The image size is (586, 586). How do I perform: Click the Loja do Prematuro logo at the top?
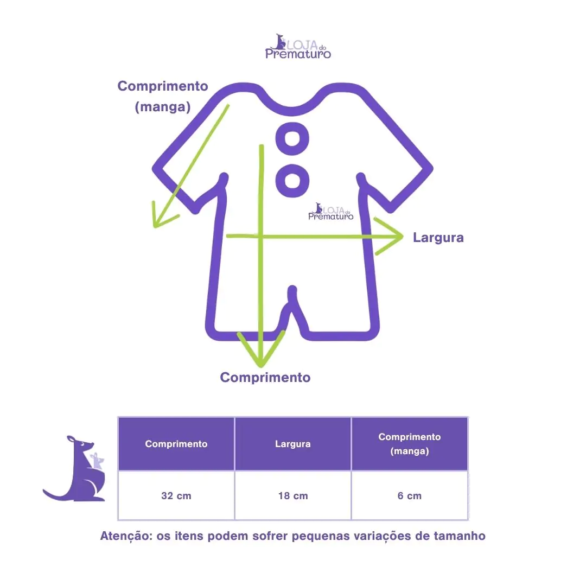298,46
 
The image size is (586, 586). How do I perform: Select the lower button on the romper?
292,180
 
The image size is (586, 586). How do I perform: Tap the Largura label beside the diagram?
438,238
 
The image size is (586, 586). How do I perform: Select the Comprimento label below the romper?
265,378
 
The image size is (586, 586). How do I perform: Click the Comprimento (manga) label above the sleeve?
163,96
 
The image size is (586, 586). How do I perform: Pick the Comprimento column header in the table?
176,444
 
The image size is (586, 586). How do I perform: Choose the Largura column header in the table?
293,444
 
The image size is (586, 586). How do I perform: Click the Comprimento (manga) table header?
410,444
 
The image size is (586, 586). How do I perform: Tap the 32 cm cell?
176,496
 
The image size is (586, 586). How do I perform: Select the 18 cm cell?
293,496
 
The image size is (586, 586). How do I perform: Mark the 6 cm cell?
410,496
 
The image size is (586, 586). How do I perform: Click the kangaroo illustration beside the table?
79,469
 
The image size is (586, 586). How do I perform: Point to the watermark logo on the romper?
330,212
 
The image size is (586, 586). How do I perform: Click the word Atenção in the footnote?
124,536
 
